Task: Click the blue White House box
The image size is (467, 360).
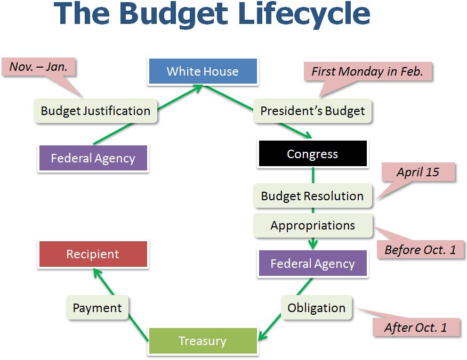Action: [203, 71]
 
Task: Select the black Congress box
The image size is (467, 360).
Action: [313, 153]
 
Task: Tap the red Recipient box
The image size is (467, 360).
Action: [93, 254]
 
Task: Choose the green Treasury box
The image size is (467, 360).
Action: [203, 341]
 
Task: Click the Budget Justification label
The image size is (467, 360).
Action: [95, 111]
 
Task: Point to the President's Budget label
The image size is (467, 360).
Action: [312, 111]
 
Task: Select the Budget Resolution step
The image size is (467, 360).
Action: [313, 196]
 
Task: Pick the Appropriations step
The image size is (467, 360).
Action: [313, 225]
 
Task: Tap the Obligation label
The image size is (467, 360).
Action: [316, 308]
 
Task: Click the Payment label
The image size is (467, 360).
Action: [98, 308]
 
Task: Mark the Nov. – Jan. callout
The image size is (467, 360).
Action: [39, 67]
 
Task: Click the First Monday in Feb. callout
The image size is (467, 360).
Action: [367, 71]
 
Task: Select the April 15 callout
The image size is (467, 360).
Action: [418, 172]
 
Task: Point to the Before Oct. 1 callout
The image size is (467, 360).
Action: [420, 250]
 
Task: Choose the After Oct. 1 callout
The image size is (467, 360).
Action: [416, 328]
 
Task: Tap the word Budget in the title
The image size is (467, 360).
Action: [174, 14]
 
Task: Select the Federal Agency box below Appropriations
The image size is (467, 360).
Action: [313, 264]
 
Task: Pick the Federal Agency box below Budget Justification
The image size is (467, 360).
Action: [93, 158]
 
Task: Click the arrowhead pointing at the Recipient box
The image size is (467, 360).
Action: [97, 273]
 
